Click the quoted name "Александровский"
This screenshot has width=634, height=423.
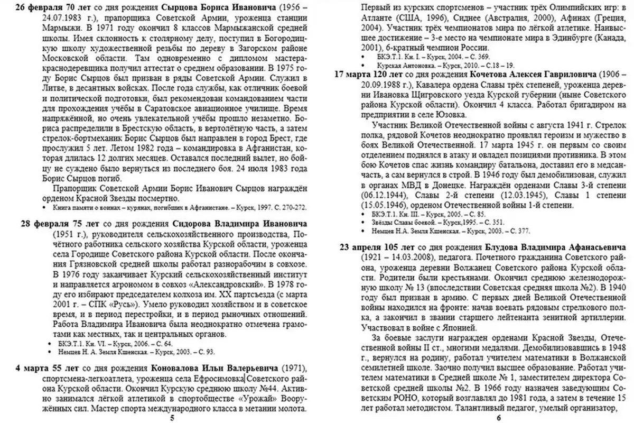pos(200,283)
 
